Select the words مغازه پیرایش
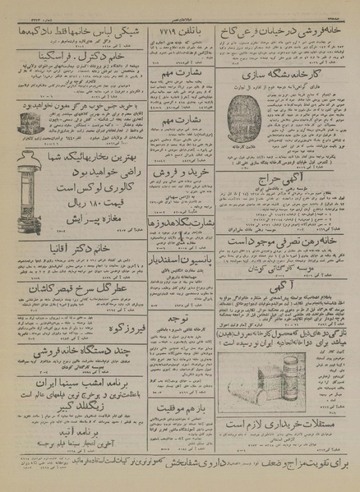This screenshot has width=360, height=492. (78, 244)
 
